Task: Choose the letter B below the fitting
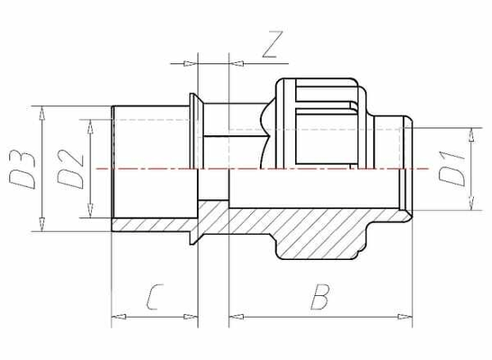pyautogui.click(x=318, y=295)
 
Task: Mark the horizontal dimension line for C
pyautogui.click(x=154, y=316)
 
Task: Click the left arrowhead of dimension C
pyautogui.click(x=116, y=316)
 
